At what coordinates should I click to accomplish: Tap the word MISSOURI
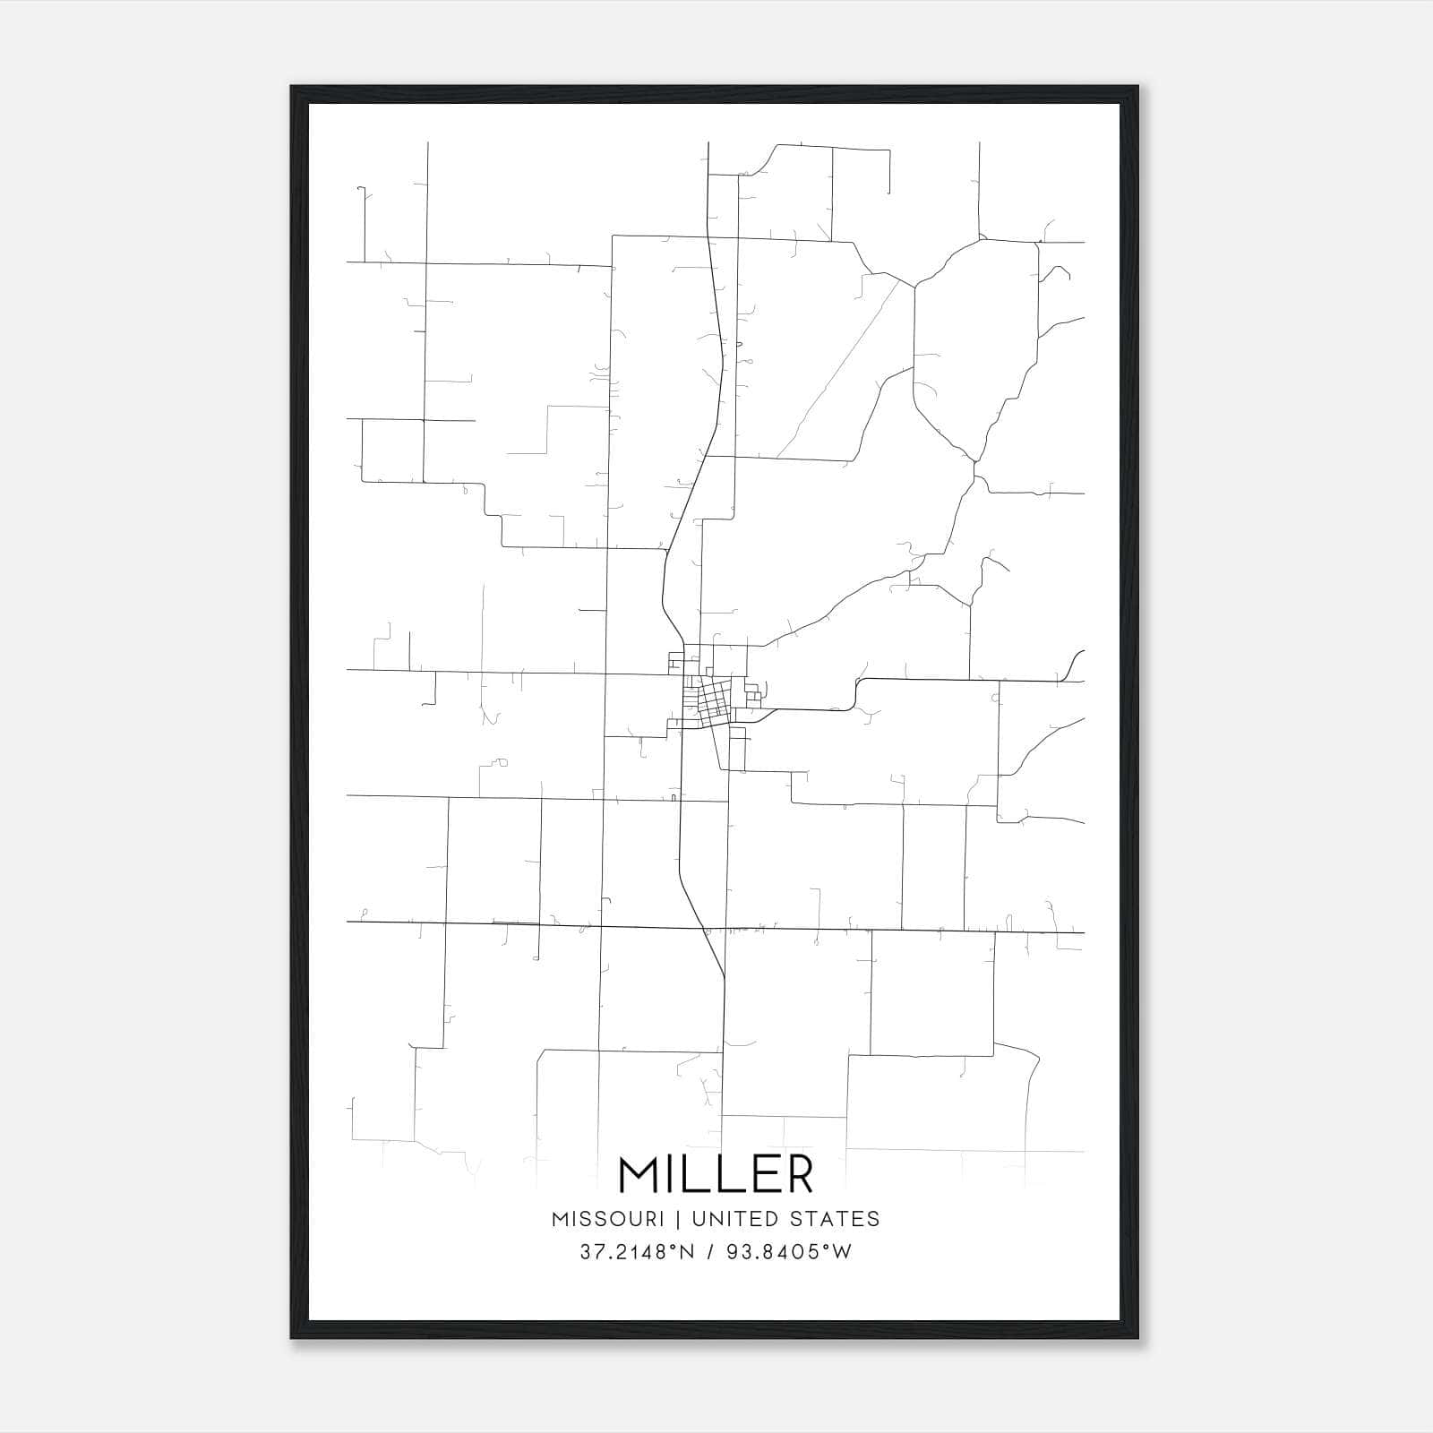coord(608,1219)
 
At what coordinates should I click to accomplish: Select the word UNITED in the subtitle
coord(740,1219)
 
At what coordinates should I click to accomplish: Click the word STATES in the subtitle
coord(837,1219)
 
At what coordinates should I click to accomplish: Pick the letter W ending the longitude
coord(843,1253)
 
